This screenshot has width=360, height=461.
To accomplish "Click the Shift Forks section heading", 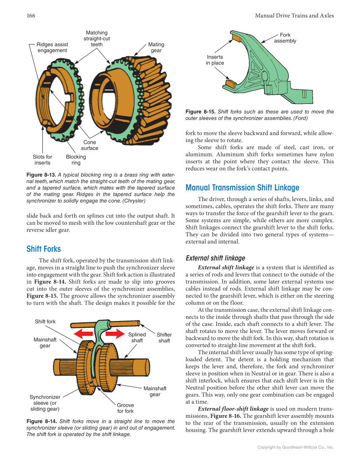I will point(43,249).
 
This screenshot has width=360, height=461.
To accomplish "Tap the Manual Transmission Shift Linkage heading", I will point(242,187).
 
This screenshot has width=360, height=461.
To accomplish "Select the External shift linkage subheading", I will point(215,258).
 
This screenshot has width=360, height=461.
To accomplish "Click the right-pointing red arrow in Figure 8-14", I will point(114,335).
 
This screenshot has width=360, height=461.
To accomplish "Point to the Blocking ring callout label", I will point(76,159).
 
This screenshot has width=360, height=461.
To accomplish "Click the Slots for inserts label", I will point(42,159).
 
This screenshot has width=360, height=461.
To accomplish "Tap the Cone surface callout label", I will point(89,145).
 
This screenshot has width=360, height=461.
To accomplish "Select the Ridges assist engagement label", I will point(52,47).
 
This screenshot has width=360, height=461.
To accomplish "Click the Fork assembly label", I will point(285,38).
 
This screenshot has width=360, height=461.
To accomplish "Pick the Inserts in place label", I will point(215,60).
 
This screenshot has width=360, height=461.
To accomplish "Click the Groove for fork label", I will point(126,408).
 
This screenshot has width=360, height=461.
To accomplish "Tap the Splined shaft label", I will point(137,338).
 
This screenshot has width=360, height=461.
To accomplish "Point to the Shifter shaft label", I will point(164,338).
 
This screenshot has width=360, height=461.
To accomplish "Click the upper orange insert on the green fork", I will point(236,38).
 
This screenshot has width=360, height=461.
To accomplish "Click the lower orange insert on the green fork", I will point(230,83).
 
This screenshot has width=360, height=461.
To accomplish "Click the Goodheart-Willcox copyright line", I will point(296,447).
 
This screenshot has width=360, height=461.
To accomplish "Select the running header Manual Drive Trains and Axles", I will point(294,16).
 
